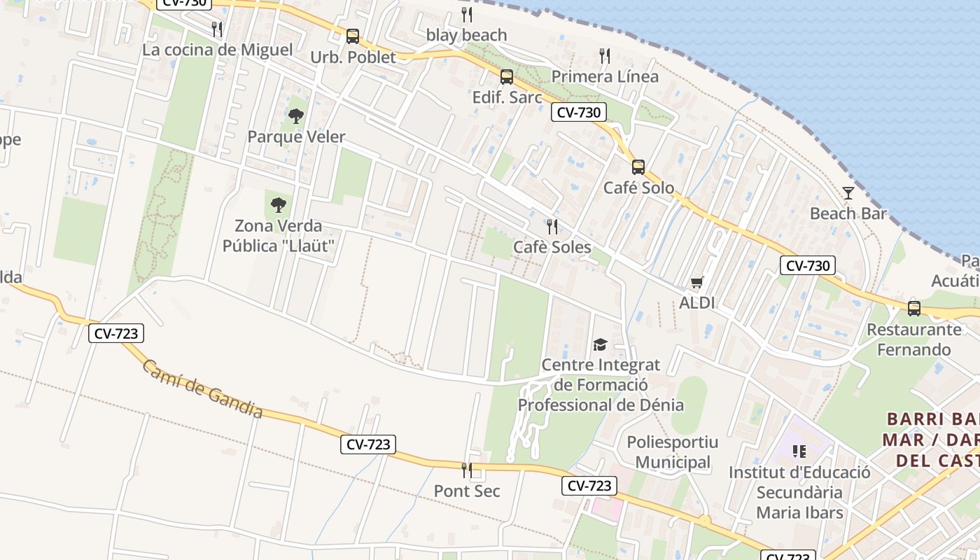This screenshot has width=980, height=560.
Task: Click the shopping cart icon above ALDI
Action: [696, 282]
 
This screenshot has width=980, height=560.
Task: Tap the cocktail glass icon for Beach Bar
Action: [848, 192]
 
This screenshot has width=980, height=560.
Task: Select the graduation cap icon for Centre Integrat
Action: [600, 344]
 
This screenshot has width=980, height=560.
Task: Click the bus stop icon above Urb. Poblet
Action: [353, 36]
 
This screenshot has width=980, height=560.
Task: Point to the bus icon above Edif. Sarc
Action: [507, 76]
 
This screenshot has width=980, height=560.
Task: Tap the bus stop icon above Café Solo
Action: [638, 167]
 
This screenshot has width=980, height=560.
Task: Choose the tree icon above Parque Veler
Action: [296, 115]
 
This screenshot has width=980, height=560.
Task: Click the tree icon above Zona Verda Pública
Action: [279, 204]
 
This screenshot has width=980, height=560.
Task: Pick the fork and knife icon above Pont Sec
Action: [467, 470]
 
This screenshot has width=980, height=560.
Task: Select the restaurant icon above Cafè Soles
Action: [552, 226]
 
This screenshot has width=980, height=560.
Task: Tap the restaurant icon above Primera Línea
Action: [605, 55]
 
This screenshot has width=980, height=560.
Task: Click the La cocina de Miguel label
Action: [218, 50]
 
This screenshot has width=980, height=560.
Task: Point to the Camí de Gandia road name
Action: [202, 389]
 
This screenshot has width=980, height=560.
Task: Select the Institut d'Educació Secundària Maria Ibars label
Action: [799, 492]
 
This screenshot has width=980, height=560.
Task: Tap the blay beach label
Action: [466, 35]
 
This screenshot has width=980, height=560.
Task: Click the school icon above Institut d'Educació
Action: [799, 451]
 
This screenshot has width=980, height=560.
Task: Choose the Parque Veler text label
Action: [296, 136]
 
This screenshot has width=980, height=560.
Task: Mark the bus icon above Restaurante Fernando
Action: [913, 308]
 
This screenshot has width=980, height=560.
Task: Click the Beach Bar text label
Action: [848, 213]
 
